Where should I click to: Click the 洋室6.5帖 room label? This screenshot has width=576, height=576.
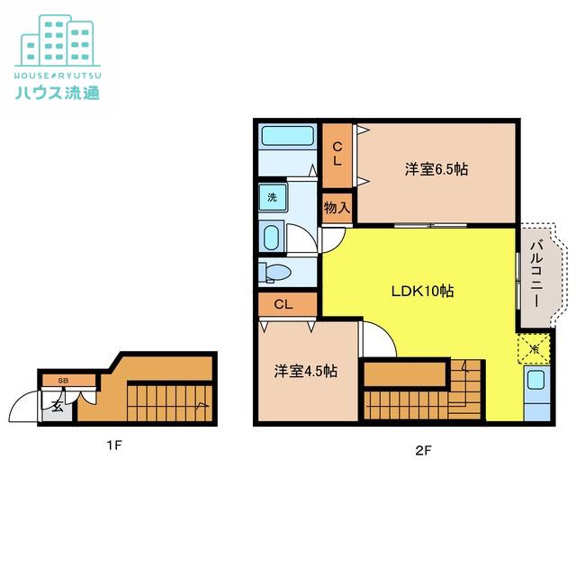click(x=436, y=170)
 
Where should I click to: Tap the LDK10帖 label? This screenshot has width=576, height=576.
click(x=422, y=291)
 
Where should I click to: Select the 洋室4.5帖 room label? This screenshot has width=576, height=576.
click(x=306, y=371)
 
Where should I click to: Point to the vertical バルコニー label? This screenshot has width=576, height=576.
click(x=536, y=274)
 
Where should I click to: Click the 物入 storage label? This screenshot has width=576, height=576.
click(x=337, y=208)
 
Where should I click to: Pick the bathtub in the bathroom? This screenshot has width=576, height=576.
click(x=287, y=136)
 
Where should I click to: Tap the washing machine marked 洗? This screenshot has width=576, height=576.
click(x=272, y=197)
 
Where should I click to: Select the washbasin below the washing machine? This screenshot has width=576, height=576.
click(x=272, y=238)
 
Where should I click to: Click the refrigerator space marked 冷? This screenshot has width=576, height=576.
click(x=535, y=348)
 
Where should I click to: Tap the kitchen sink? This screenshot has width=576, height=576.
click(x=535, y=380)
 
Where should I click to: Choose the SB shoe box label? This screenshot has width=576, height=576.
click(x=63, y=381)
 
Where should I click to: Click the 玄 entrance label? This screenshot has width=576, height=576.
click(x=57, y=407)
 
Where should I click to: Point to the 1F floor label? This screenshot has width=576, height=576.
click(x=114, y=445)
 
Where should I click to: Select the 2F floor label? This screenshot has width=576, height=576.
click(x=423, y=450)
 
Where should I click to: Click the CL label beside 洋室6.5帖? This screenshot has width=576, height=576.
click(x=337, y=154)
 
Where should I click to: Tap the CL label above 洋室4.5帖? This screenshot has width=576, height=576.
click(x=283, y=304)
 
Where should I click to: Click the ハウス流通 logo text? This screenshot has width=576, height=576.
click(x=58, y=93)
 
